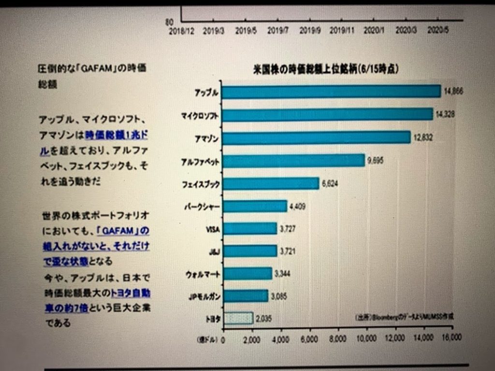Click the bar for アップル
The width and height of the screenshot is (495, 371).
(332, 91)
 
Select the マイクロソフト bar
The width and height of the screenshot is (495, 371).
(328, 114)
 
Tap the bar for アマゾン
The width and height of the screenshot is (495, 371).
(317, 138)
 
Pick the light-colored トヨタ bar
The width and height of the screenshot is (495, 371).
(238, 318)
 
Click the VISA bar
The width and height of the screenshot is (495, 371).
(250, 228)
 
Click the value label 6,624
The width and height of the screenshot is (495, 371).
(330, 184)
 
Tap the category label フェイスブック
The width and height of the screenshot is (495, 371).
(201, 184)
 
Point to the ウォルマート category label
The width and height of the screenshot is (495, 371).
(203, 274)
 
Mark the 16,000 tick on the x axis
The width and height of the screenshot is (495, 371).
(451, 338)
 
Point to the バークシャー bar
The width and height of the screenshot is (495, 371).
(255, 206)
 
